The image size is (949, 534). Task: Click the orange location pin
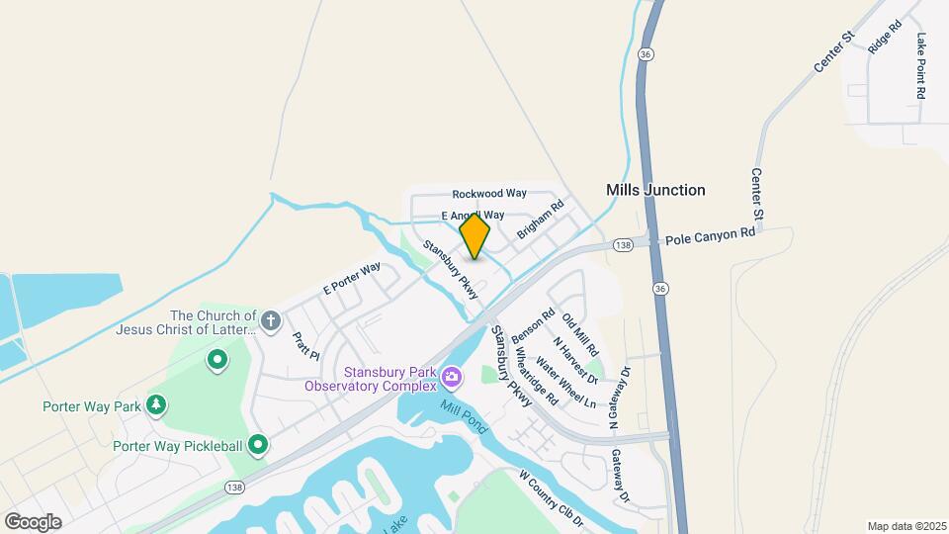pos(474,235)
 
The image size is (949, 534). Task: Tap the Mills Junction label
pos(655,190)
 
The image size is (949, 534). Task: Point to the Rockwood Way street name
pos(489,194)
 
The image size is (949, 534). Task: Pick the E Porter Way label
pos(352,279)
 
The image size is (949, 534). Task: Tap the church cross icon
pos(271,320)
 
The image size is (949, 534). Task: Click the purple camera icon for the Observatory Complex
pos(451,376)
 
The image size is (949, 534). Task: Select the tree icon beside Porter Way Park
pos(155,405)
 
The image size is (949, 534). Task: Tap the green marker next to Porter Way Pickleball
pos(258,445)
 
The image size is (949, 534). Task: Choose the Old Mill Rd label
pos(580,334)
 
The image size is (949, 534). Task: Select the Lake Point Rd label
pos(921,65)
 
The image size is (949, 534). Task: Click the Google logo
pos(33,521)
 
